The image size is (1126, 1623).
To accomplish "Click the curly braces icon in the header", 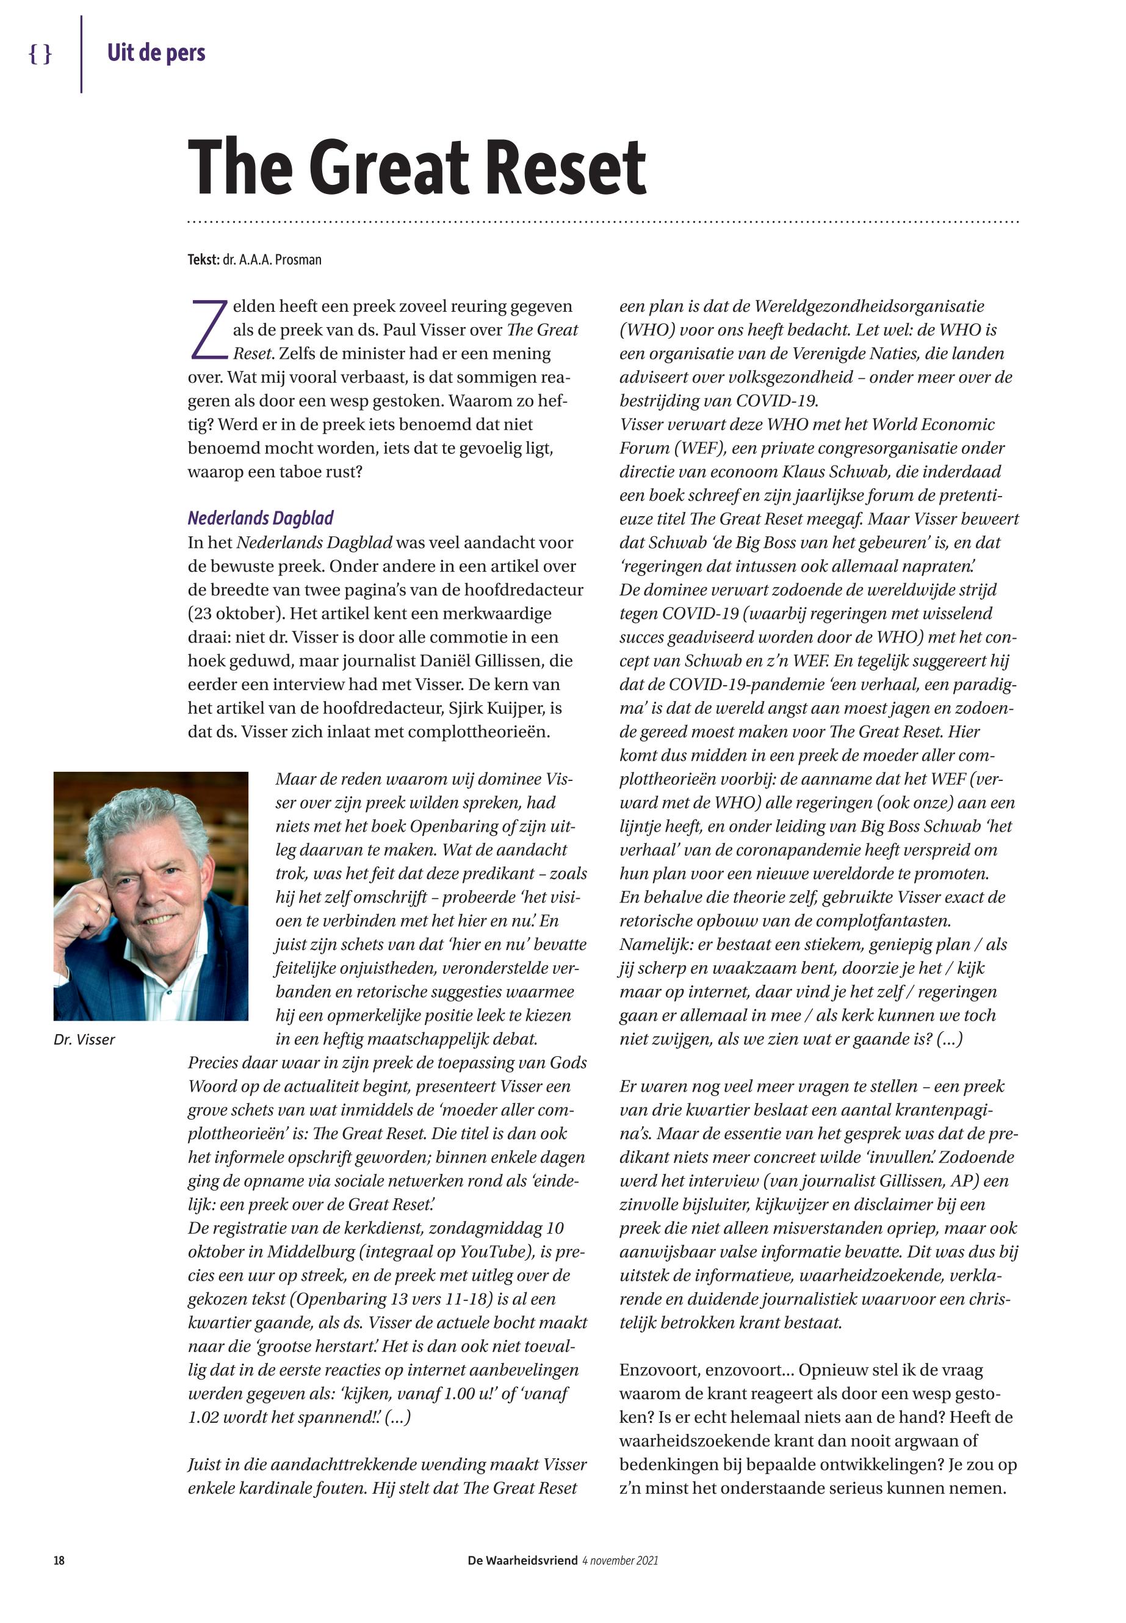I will [x=40, y=54].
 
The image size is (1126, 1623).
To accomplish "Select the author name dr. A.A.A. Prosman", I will [x=272, y=259].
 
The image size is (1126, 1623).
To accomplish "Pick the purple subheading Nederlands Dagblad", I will [x=261, y=519].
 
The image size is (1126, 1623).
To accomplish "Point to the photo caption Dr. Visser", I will [x=84, y=1039].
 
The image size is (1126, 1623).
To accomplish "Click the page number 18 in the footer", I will [x=59, y=1560].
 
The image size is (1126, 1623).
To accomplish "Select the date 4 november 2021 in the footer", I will [x=620, y=1560].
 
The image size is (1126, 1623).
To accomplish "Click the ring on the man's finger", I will [x=98, y=909].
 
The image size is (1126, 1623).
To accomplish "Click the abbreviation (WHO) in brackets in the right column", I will [x=643, y=329].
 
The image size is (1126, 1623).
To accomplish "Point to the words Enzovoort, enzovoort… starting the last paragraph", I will [x=704, y=1370].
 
